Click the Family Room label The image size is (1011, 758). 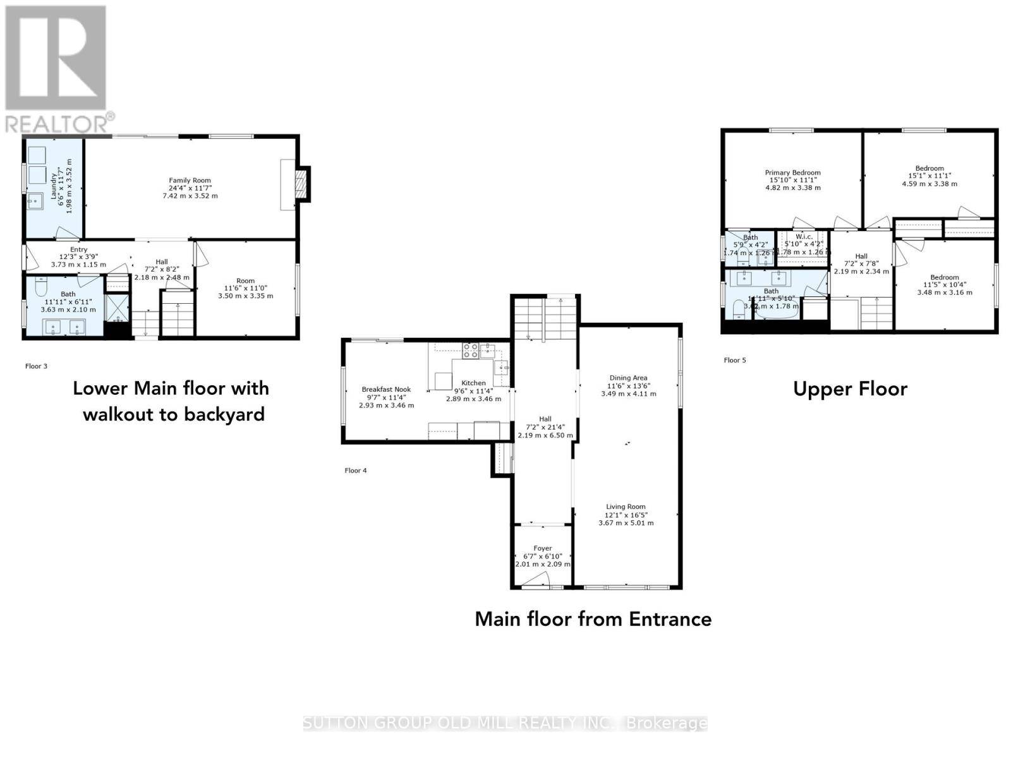click(x=190, y=181)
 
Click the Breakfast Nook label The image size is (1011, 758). click(x=386, y=389)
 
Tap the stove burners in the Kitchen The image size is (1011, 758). click(x=470, y=351)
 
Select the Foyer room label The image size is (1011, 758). click(x=542, y=548)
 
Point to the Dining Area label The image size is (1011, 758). click(x=628, y=378)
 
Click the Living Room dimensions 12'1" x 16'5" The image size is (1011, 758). click(x=626, y=515)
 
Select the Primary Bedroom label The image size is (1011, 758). click(x=792, y=172)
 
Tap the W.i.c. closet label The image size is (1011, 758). click(x=804, y=236)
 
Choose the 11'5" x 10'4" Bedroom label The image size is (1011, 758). click(x=944, y=277)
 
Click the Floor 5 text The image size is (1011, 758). click(x=735, y=360)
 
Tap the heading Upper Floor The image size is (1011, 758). click(x=850, y=388)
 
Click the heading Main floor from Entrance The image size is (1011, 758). click(x=593, y=618)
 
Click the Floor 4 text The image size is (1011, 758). click(x=355, y=470)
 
